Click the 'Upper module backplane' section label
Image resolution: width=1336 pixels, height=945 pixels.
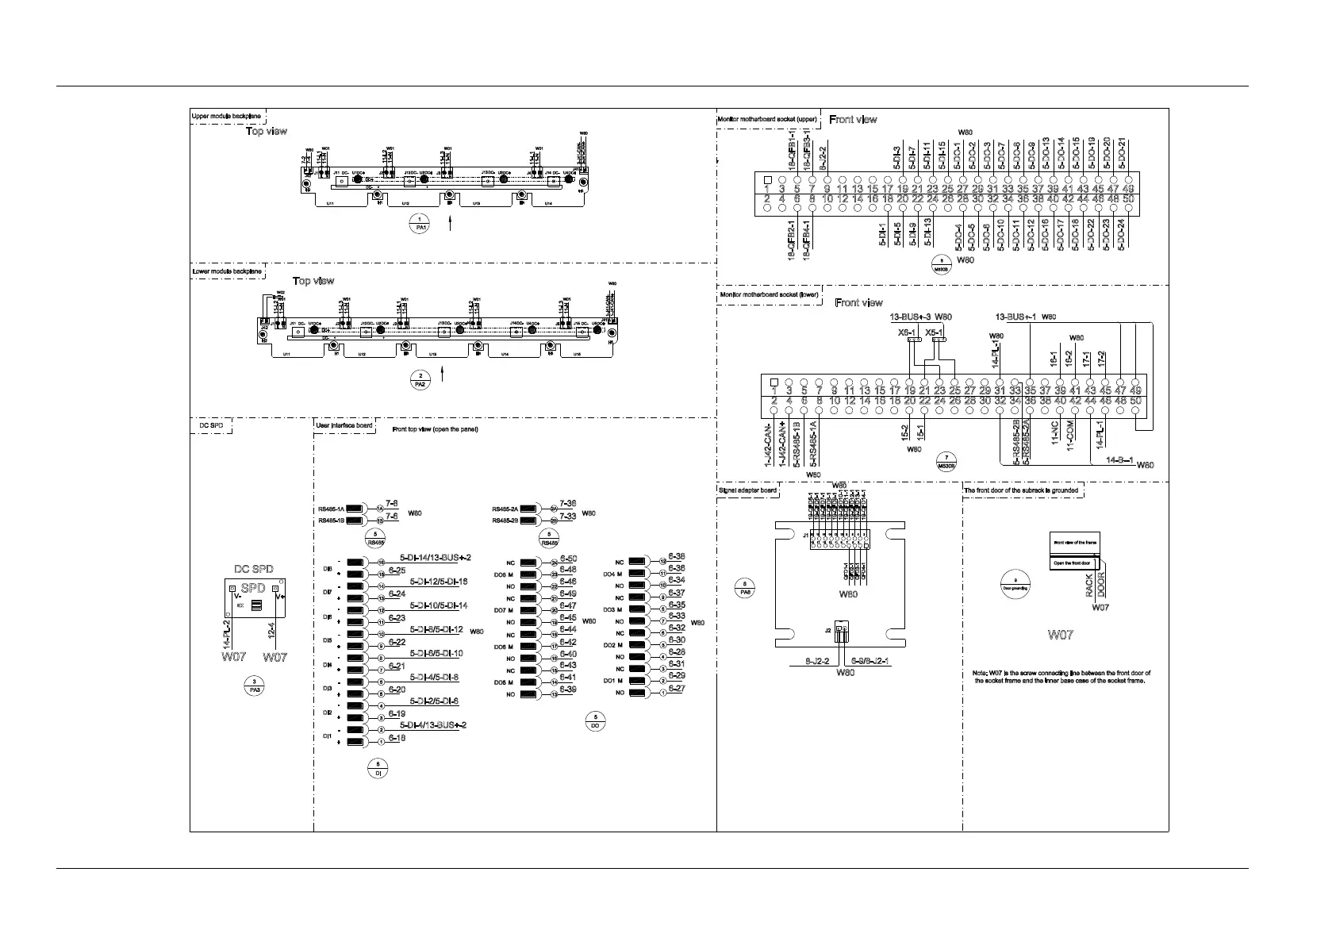coord(227,116)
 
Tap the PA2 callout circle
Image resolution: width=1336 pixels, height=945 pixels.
coord(420,379)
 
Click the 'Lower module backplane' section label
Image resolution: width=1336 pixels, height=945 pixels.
coord(227,271)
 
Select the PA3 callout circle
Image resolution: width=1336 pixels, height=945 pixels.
coord(254,686)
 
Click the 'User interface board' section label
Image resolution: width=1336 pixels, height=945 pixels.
coord(344,426)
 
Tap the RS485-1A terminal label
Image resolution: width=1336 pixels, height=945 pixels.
coord(330,509)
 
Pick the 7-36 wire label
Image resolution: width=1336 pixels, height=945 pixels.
coord(568,504)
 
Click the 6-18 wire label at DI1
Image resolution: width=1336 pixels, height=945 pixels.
coord(397,738)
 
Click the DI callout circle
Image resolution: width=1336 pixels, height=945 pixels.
coord(378,768)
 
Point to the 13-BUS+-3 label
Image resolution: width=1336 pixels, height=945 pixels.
coord(911,317)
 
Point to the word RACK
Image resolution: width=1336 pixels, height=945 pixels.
coord(1090,586)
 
